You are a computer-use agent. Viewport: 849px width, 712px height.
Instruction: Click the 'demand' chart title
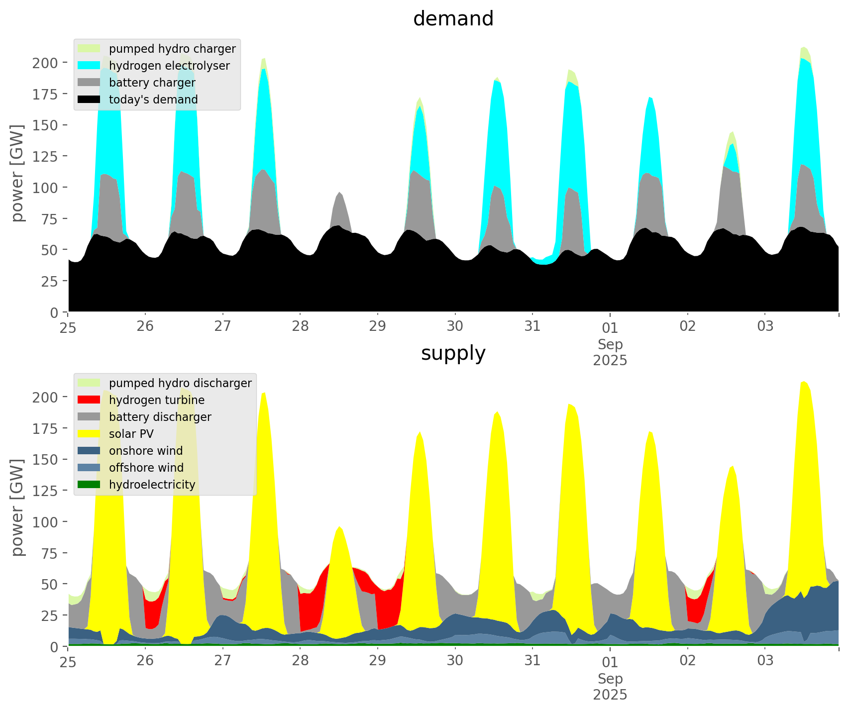point(453,19)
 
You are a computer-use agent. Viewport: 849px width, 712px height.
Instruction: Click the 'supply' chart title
point(453,353)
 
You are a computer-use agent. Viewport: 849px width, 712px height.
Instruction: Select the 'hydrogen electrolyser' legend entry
point(169,66)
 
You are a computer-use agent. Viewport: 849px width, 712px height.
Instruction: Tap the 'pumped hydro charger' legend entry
point(172,49)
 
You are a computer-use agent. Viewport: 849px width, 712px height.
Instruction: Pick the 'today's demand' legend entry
point(153,100)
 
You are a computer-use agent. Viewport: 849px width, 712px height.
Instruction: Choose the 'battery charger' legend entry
point(152,83)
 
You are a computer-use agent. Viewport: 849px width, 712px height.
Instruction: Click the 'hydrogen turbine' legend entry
point(156,400)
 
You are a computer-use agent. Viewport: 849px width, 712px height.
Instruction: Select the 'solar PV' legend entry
point(131,434)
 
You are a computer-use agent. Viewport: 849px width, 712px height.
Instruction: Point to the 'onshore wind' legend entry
point(146,451)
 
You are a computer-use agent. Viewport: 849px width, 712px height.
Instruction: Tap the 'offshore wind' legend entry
point(146,468)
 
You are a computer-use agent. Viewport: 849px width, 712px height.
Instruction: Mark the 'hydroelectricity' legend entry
point(152,485)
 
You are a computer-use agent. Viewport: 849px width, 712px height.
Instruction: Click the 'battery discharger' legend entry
point(160,417)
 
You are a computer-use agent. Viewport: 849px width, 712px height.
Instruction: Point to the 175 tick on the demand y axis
point(45,94)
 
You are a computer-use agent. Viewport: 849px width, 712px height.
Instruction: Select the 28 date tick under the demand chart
point(300,326)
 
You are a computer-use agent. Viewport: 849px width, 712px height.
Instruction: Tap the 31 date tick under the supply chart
point(532,661)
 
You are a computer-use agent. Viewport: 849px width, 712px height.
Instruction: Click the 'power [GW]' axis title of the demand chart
point(17,173)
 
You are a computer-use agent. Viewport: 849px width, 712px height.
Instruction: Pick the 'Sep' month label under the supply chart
point(610,679)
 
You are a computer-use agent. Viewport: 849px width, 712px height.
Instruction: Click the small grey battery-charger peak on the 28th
point(339,199)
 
